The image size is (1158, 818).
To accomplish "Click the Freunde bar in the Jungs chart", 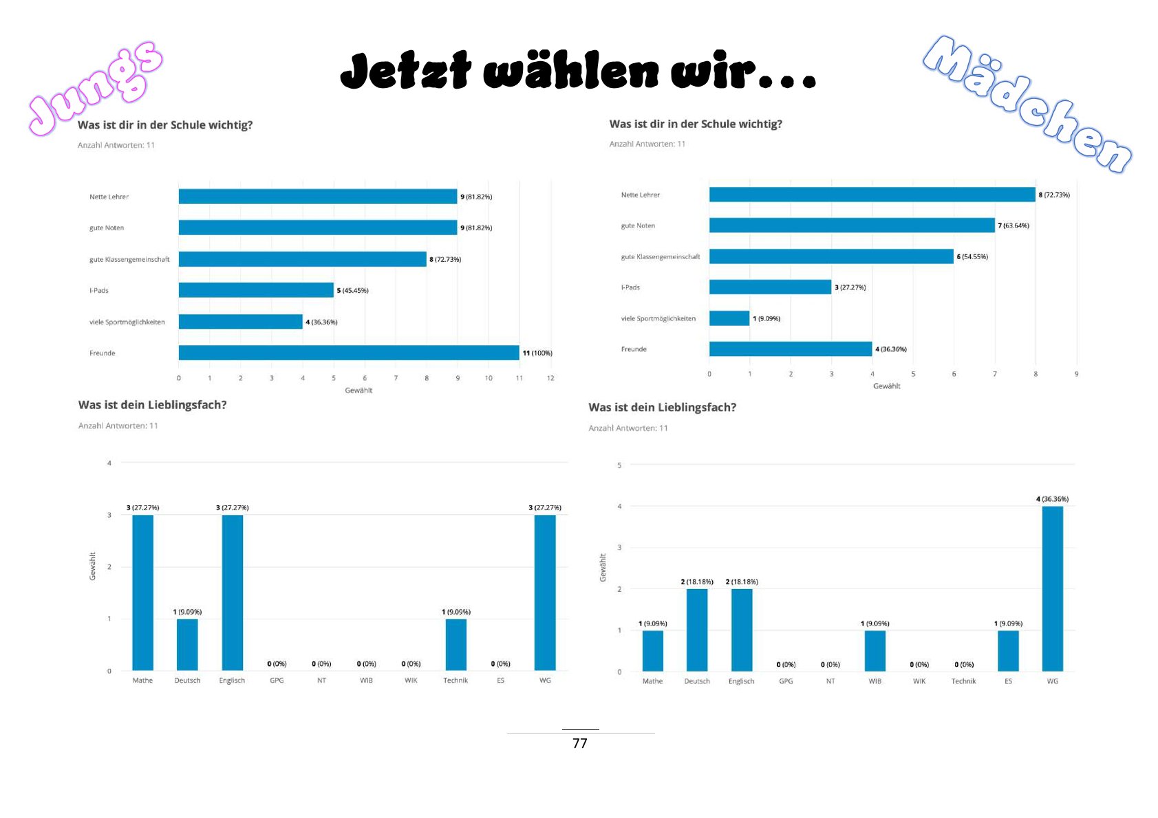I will (348, 353).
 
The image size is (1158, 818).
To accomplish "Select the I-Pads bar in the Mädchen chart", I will (770, 287).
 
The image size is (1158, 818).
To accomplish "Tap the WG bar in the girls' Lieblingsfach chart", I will (1052, 588).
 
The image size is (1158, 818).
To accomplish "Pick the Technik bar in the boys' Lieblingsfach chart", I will (455, 645).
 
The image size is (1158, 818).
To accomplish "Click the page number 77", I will (580, 743).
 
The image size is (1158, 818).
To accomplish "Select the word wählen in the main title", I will (570, 71).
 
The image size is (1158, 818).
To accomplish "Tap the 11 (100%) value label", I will (537, 353).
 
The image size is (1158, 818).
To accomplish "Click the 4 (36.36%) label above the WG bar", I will (1052, 499).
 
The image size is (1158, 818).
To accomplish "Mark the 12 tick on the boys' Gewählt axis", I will (550, 378).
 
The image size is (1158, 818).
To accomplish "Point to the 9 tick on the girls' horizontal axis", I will (1076, 374).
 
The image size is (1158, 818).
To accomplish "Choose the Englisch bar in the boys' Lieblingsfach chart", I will (232, 593).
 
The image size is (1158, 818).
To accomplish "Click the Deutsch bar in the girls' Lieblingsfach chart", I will (697, 630).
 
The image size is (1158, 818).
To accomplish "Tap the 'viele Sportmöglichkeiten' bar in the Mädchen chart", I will (729, 318).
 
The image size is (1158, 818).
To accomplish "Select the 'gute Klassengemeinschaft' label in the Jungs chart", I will (129, 260).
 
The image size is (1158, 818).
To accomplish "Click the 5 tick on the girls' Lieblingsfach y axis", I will (619, 465).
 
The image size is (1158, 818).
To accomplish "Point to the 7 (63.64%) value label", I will (1014, 225).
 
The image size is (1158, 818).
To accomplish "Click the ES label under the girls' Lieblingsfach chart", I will (1008, 681).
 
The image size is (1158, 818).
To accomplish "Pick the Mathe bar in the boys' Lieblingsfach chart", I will (142, 593).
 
